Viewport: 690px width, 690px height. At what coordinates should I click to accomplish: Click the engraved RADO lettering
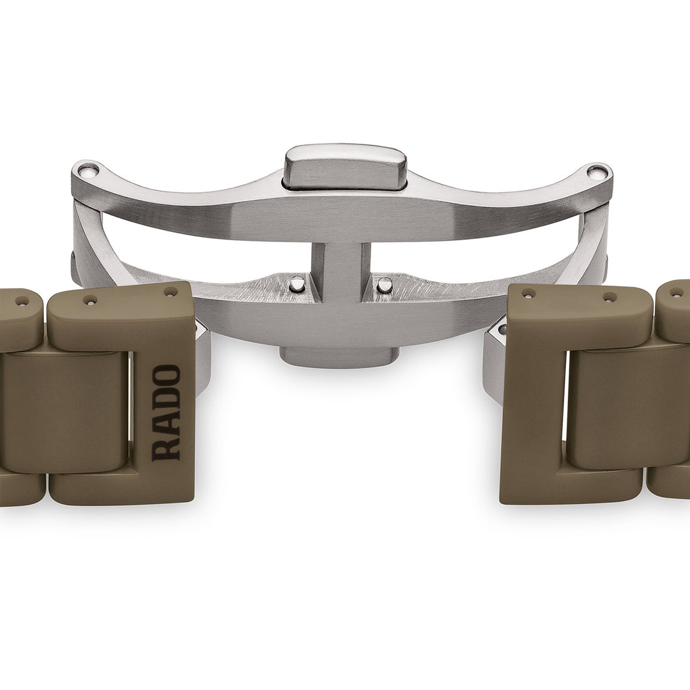166,413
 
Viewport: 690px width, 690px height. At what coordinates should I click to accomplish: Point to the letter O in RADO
166,376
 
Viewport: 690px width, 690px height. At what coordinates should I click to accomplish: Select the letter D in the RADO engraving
166,399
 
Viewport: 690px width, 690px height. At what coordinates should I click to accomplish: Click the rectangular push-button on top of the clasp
345,167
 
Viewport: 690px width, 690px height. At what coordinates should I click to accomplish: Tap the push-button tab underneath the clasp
339,356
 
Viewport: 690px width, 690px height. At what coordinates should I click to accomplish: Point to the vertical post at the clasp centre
341,272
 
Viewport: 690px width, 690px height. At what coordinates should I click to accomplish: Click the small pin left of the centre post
298,284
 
